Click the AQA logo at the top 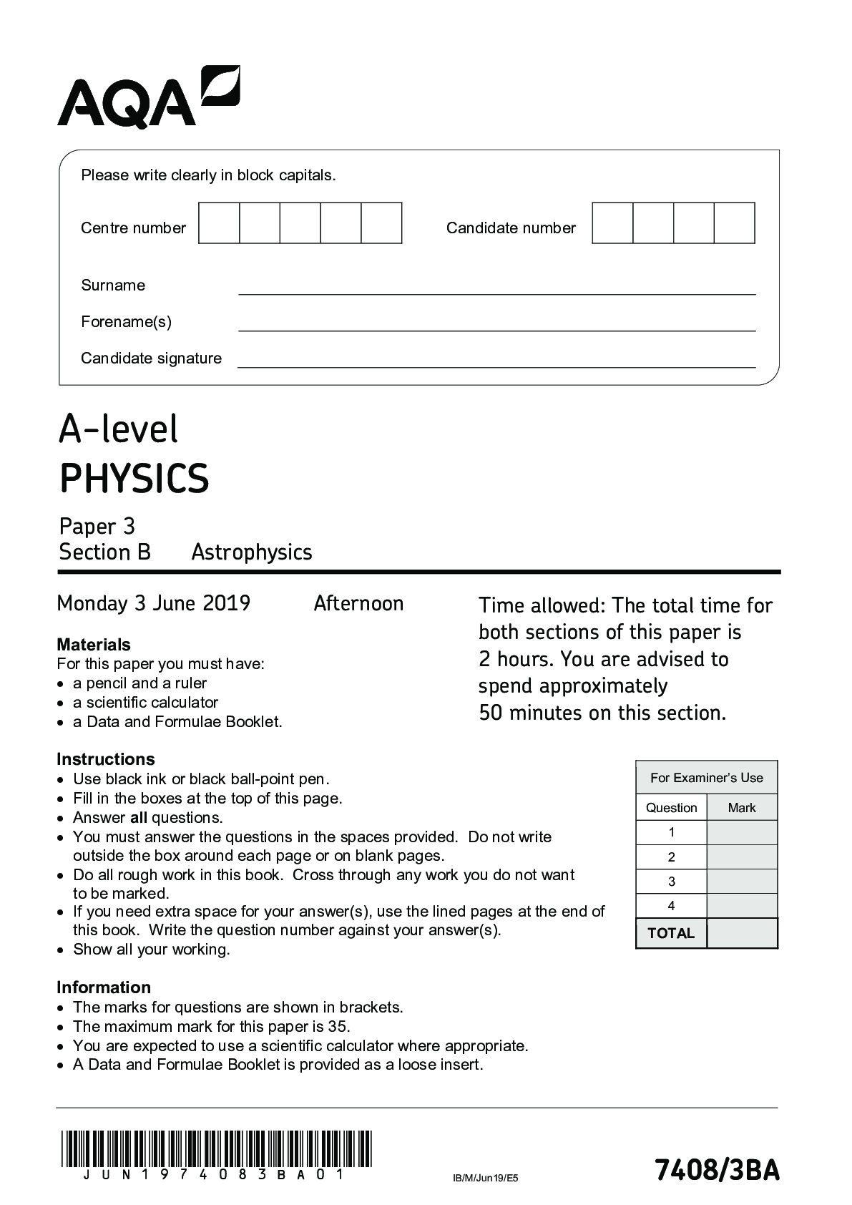pyautogui.click(x=148, y=98)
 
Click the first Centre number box pyautogui.click(x=219, y=223)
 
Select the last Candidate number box pyautogui.click(x=735, y=223)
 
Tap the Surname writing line pyautogui.click(x=496, y=288)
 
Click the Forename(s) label pyautogui.click(x=126, y=322)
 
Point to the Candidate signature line pyautogui.click(x=496, y=362)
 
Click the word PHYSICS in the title pyautogui.click(x=134, y=479)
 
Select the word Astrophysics pyautogui.click(x=252, y=552)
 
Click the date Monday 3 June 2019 pyautogui.click(x=154, y=603)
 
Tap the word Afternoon pyautogui.click(x=358, y=603)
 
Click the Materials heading pyautogui.click(x=94, y=645)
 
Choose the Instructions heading pyautogui.click(x=106, y=759)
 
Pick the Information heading pyautogui.click(x=104, y=987)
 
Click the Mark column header pyautogui.click(x=741, y=808)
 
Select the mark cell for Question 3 pyautogui.click(x=742, y=882)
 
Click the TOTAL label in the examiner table pyautogui.click(x=671, y=933)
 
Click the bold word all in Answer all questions pyautogui.click(x=139, y=818)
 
